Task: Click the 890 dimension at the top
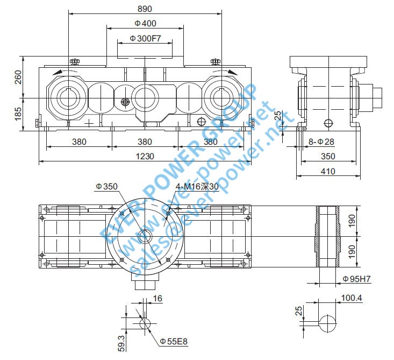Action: pos(145,9)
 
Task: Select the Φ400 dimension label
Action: pos(145,23)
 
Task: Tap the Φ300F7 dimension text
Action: pos(145,39)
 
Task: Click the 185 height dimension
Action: pos(18,113)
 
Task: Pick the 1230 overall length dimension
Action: pos(145,156)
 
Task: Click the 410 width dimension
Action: pos(328,171)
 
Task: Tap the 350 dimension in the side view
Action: pos(328,157)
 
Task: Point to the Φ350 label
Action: pos(106,186)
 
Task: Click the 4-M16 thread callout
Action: pos(198,187)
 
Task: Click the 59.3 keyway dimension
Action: pos(121,342)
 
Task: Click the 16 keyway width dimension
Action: pos(156,298)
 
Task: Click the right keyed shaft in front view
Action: pos(221,98)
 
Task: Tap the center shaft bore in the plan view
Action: pos(145,236)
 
